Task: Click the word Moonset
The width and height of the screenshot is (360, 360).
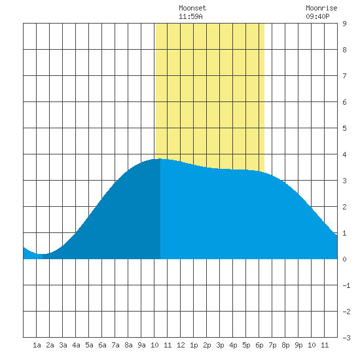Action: click(192, 8)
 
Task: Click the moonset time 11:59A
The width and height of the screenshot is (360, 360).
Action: click(190, 16)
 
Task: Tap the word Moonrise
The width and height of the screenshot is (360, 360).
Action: click(321, 8)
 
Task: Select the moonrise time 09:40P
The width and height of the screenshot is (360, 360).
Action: click(317, 16)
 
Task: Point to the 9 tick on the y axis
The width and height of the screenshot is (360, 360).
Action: click(344, 24)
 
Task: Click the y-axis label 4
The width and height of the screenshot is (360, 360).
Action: click(344, 154)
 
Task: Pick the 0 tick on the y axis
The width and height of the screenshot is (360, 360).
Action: click(344, 259)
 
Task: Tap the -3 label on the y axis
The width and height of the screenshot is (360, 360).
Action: click(346, 338)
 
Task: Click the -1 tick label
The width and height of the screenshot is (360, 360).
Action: click(346, 285)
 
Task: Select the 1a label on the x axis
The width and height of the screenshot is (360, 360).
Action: click(37, 345)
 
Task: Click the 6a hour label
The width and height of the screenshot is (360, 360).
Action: click(102, 345)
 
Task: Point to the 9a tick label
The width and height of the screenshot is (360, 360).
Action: click(141, 345)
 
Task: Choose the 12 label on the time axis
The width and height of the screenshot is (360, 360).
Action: click(181, 345)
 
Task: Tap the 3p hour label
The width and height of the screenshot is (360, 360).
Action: click(220, 346)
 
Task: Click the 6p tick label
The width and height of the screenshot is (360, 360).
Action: click(259, 346)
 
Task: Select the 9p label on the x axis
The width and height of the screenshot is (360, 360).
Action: click(298, 346)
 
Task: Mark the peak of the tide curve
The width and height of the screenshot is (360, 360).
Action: click(160, 158)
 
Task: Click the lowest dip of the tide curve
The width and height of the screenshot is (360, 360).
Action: click(41, 254)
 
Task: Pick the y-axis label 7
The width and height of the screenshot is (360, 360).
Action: click(344, 76)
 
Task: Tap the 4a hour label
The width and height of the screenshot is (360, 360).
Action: click(76, 345)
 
